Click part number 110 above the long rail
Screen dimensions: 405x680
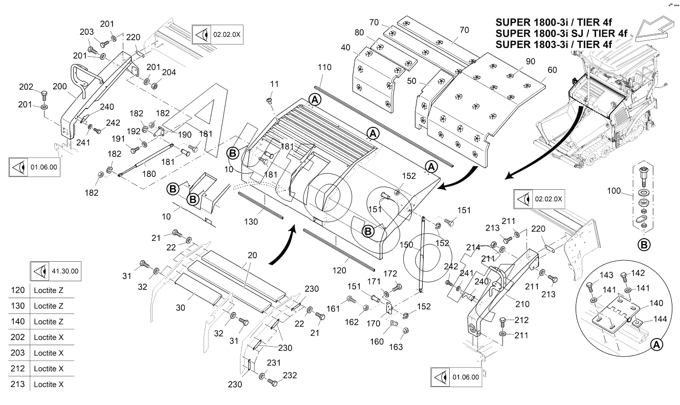point(324,67)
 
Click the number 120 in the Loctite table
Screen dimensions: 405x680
point(18,290)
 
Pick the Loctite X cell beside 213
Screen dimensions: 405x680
point(48,384)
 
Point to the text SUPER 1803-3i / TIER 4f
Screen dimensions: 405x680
point(554,44)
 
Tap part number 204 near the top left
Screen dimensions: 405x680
point(169,73)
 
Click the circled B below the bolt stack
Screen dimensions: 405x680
point(645,244)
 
